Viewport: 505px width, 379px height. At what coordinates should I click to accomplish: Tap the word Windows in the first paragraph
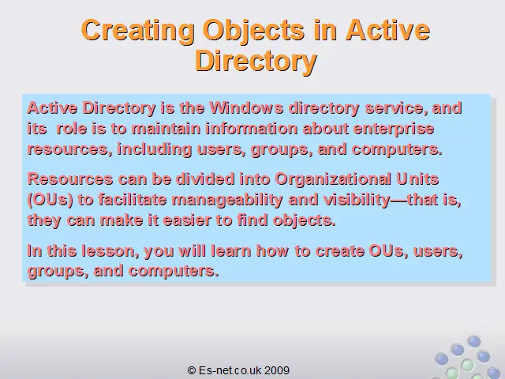point(247,107)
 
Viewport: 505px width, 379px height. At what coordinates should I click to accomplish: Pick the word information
point(252,129)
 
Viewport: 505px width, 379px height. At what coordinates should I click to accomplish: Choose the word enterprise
point(394,129)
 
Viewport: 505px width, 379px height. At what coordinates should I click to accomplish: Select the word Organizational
point(333,179)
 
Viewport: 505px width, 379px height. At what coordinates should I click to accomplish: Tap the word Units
point(417,179)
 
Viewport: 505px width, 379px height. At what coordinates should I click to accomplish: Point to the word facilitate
point(133,200)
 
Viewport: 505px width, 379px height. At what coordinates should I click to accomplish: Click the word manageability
point(227,201)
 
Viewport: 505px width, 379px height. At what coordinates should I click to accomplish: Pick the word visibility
point(357,201)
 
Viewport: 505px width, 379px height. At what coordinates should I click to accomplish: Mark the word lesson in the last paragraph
point(110,251)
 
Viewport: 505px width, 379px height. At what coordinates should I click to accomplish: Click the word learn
point(231,251)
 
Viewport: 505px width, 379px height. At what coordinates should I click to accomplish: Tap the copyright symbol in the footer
point(192,370)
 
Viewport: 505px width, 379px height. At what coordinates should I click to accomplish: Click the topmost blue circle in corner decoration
point(473,341)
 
